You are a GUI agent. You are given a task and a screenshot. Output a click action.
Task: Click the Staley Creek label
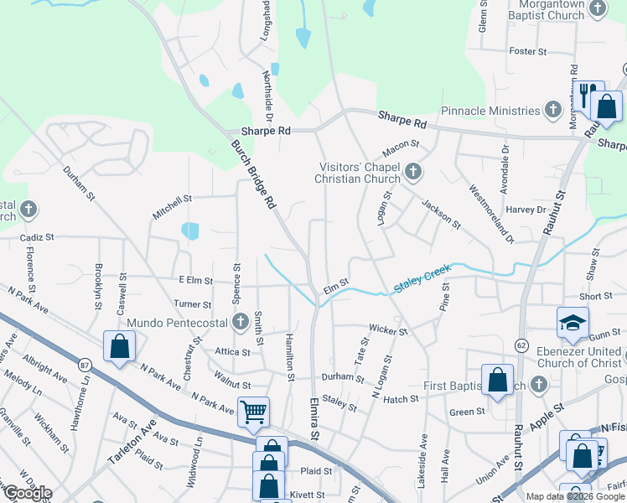(422, 279)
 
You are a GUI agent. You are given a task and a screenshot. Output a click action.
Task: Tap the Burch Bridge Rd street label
(253, 174)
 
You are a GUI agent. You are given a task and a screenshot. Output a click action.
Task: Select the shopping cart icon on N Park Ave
(253, 411)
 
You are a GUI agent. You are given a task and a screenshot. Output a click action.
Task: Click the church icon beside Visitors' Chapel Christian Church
(412, 173)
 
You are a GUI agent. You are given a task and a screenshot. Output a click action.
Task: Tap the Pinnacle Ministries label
(490, 111)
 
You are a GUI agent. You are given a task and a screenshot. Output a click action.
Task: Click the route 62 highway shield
(521, 345)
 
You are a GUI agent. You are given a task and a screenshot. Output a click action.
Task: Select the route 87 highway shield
(85, 365)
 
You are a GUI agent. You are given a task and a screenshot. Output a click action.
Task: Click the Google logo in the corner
(27, 493)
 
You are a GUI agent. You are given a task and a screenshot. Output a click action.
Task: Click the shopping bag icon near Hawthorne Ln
(119, 346)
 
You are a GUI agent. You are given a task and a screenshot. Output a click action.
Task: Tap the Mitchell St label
(172, 207)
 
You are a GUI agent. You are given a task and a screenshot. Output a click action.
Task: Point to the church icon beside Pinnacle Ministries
(552, 110)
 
